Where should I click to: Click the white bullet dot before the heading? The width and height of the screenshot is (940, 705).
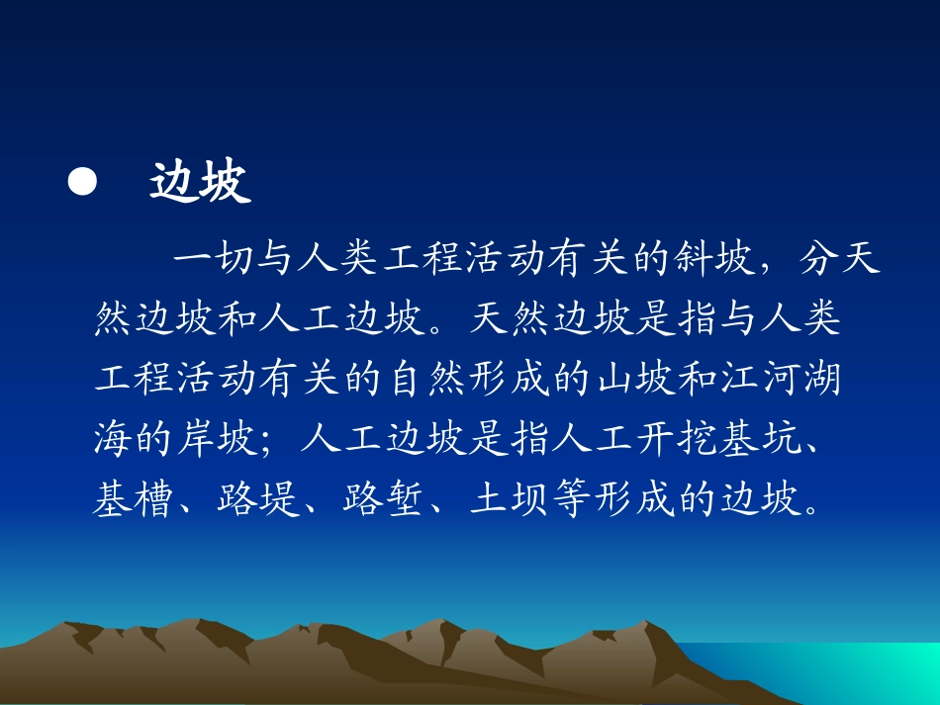82,182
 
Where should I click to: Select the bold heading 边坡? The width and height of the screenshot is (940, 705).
200,182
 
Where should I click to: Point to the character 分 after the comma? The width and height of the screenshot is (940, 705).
818,259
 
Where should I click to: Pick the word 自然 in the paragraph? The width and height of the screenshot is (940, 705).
427,379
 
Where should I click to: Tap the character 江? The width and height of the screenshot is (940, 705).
740,379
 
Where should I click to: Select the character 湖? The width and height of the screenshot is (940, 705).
823,379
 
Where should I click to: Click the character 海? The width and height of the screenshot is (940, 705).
113,438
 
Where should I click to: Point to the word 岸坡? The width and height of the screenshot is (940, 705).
218,438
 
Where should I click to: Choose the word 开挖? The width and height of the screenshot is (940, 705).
678,438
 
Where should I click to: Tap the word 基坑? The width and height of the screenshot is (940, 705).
761,438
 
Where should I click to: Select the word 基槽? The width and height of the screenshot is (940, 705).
133,499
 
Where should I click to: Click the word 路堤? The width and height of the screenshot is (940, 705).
258,499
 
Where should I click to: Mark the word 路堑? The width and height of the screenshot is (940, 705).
384,499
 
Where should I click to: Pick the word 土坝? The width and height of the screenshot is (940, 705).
510,499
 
